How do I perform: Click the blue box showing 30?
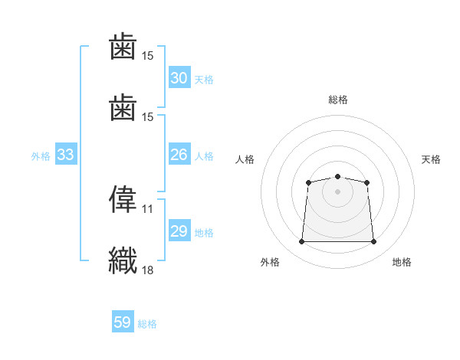[x=179, y=78]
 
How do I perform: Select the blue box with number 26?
[x=179, y=155]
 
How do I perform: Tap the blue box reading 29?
[x=179, y=231]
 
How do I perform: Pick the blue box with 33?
[x=65, y=155]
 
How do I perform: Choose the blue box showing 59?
[x=122, y=322]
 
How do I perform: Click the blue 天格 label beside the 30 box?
[x=203, y=80]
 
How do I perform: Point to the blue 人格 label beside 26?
[x=203, y=156]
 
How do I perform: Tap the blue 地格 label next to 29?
[x=203, y=233]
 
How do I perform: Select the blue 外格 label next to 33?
[x=41, y=156]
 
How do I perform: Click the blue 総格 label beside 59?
[x=147, y=324]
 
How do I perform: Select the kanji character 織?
[x=123, y=258]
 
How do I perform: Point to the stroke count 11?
[x=148, y=208]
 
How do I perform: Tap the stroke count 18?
[x=148, y=269]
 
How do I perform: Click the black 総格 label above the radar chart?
[x=337, y=100]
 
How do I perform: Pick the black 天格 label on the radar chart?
[x=431, y=159]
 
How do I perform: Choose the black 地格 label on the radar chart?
[x=402, y=262]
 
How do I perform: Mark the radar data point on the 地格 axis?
[x=373, y=242]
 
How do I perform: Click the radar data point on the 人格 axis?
[x=308, y=182]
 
